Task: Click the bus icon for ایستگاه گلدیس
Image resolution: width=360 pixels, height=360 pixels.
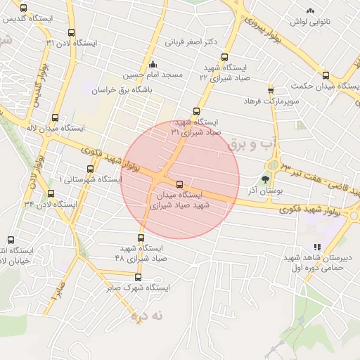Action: pyautogui.click(x=23, y=8)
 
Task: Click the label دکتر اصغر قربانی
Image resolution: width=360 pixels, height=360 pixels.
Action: pyautogui.click(x=191, y=42)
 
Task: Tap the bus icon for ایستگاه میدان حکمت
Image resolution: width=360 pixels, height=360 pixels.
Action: pyautogui.click(x=326, y=75)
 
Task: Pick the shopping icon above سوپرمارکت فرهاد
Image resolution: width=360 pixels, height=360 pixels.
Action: pyautogui.click(x=271, y=90)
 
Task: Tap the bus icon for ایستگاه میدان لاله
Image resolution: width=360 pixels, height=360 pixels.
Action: pyautogui.click(x=55, y=117)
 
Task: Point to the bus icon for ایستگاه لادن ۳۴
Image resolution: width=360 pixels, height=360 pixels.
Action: pyautogui.click(x=50, y=193)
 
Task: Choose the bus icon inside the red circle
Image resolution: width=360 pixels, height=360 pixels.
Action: pyautogui.click(x=179, y=184)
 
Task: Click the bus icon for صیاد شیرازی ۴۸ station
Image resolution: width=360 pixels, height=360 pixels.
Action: pyautogui.click(x=141, y=238)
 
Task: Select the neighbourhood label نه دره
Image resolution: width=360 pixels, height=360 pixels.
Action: pyautogui.click(x=147, y=316)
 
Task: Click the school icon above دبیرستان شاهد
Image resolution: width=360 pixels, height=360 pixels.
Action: pyautogui.click(x=316, y=247)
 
